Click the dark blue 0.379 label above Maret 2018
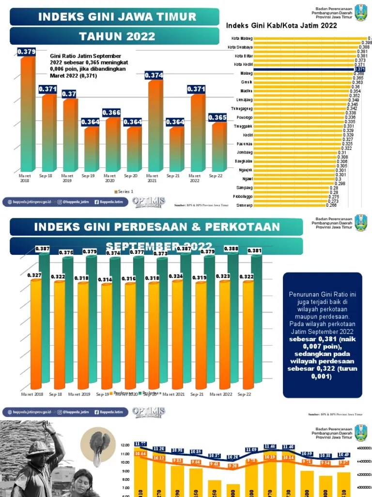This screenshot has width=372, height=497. (26, 51)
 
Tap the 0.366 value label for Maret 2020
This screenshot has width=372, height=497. (111, 113)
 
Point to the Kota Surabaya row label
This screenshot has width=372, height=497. (240, 47)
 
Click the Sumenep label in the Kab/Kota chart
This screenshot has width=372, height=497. (243, 205)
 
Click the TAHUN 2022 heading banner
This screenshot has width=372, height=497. (117, 36)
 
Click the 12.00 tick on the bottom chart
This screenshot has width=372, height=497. (125, 445)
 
